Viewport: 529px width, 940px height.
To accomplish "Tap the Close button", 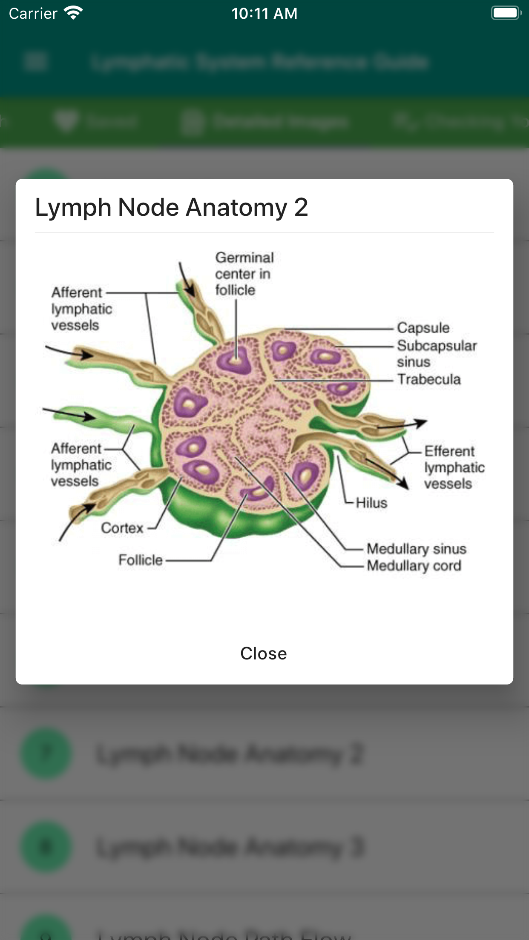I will click(264, 653).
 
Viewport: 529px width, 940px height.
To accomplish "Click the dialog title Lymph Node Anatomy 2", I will click(171, 208).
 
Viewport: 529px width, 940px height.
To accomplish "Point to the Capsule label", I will click(423, 328).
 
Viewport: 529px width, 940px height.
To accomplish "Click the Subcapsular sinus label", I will click(436, 353).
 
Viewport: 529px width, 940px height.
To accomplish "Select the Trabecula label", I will click(429, 379).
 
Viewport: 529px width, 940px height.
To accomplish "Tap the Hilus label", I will click(371, 503).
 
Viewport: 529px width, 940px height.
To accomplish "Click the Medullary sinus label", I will click(416, 549).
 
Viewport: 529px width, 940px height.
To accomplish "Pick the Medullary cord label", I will click(414, 566).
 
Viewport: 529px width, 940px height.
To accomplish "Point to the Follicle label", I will click(141, 560).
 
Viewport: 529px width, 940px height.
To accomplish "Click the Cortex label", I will click(122, 528).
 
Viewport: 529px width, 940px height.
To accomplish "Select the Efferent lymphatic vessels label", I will click(454, 467).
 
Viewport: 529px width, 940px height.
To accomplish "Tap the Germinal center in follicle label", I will click(244, 274).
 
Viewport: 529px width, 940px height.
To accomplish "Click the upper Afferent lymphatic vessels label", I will click(81, 309).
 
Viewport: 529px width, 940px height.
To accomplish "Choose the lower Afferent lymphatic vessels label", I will click(81, 464).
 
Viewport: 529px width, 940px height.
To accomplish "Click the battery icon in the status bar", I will click(506, 13).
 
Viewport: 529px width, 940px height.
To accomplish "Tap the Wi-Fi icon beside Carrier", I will click(73, 13).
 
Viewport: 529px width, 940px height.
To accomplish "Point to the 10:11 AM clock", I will click(264, 14).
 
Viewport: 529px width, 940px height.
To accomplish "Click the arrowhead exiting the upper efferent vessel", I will click(420, 422).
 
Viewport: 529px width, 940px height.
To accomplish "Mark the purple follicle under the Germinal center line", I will click(235, 360).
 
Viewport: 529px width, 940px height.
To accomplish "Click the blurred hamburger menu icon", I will click(35, 61).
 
